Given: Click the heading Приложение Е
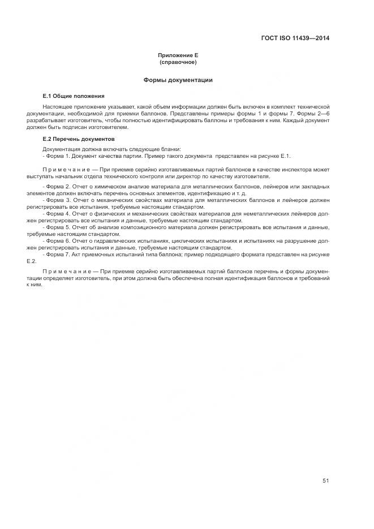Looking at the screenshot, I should (x=178, y=55).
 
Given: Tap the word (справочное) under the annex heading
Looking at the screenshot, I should (x=178, y=62).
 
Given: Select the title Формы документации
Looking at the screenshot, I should (x=178, y=80).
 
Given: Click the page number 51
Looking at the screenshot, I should (x=325, y=481).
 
